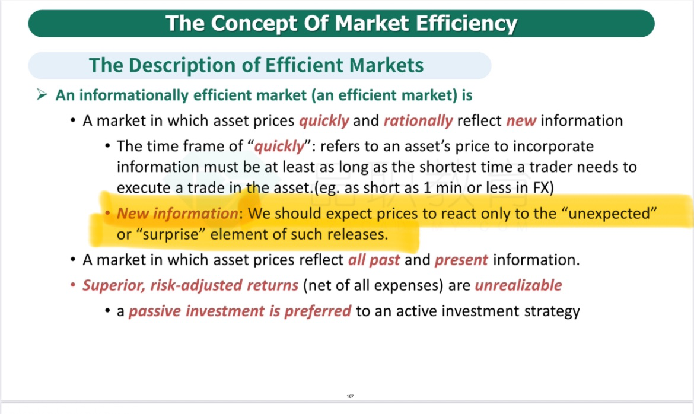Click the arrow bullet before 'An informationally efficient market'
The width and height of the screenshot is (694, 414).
(x=42, y=94)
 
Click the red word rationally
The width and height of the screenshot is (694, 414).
(x=418, y=121)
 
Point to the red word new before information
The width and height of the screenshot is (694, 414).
(x=521, y=121)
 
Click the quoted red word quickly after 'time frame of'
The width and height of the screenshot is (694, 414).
(x=279, y=146)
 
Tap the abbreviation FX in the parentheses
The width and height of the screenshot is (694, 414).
(x=541, y=188)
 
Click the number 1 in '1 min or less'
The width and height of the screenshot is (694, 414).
(x=426, y=188)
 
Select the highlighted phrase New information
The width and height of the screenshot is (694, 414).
(x=177, y=214)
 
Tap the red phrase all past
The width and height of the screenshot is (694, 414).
(x=374, y=260)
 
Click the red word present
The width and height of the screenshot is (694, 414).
(x=461, y=260)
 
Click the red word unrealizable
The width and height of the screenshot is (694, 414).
(x=518, y=286)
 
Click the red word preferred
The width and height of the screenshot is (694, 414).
(x=317, y=311)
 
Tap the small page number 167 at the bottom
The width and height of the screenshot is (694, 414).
(x=350, y=396)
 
